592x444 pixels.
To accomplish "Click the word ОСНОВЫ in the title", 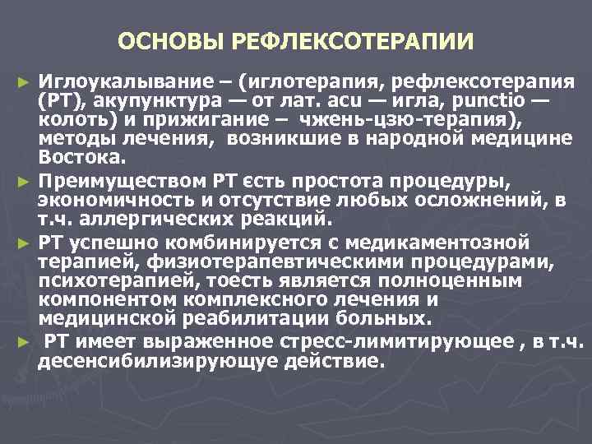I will [x=164, y=40].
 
